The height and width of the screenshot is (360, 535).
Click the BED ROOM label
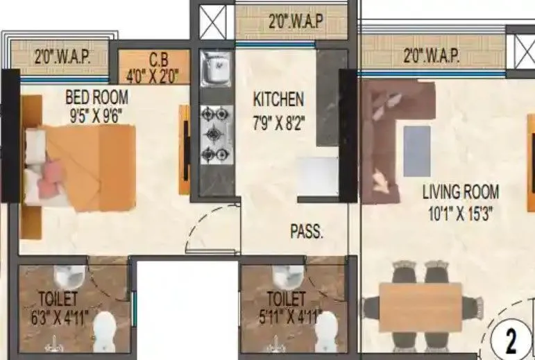click(97, 96)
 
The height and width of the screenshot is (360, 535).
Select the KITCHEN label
click(278, 99)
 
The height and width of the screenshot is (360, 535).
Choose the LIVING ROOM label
click(460, 192)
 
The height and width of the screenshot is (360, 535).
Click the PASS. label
click(306, 232)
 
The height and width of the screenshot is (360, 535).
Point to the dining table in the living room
click(422, 305)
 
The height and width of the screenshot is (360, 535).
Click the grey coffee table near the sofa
click(416, 150)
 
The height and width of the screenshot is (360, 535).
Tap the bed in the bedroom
click(80, 166)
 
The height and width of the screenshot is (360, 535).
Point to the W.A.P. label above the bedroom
click(62, 56)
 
